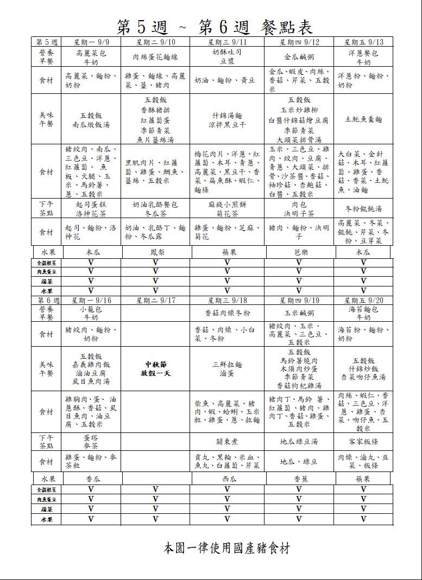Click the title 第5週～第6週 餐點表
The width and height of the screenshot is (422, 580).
coord(215,26)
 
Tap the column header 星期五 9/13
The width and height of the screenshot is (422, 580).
coord(363,42)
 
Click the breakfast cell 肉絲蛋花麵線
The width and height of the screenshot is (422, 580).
coord(155,57)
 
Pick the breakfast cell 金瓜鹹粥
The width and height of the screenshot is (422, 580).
coord(299,57)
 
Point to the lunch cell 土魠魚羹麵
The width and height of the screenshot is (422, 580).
coord(363,119)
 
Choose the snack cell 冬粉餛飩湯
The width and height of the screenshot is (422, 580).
coord(363,209)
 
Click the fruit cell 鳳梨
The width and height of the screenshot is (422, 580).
coord(155,252)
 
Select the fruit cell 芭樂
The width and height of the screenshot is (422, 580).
coord(299,252)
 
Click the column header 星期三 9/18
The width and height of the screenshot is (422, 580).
coord(227,300)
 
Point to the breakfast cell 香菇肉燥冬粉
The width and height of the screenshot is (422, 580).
coord(227,313)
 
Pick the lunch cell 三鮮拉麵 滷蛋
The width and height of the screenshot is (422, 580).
coord(227,369)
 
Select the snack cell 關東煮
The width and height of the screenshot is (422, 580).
coord(227,441)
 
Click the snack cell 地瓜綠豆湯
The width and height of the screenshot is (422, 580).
coord(299,441)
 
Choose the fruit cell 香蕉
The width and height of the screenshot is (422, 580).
coord(299,480)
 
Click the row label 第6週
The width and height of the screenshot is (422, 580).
coord(47,300)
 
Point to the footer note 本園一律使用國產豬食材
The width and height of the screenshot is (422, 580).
coord(226,548)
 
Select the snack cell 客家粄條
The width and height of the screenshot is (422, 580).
coord(363,441)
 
